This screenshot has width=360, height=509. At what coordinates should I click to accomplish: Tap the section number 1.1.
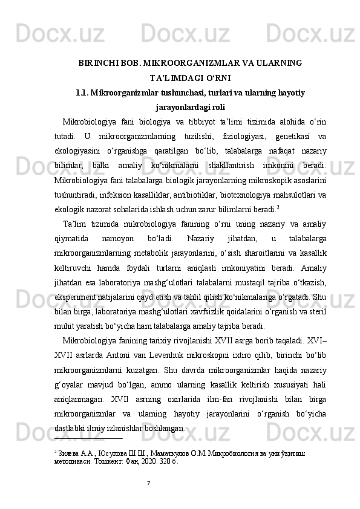83,93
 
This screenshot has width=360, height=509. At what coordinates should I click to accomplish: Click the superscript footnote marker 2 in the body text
278,206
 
